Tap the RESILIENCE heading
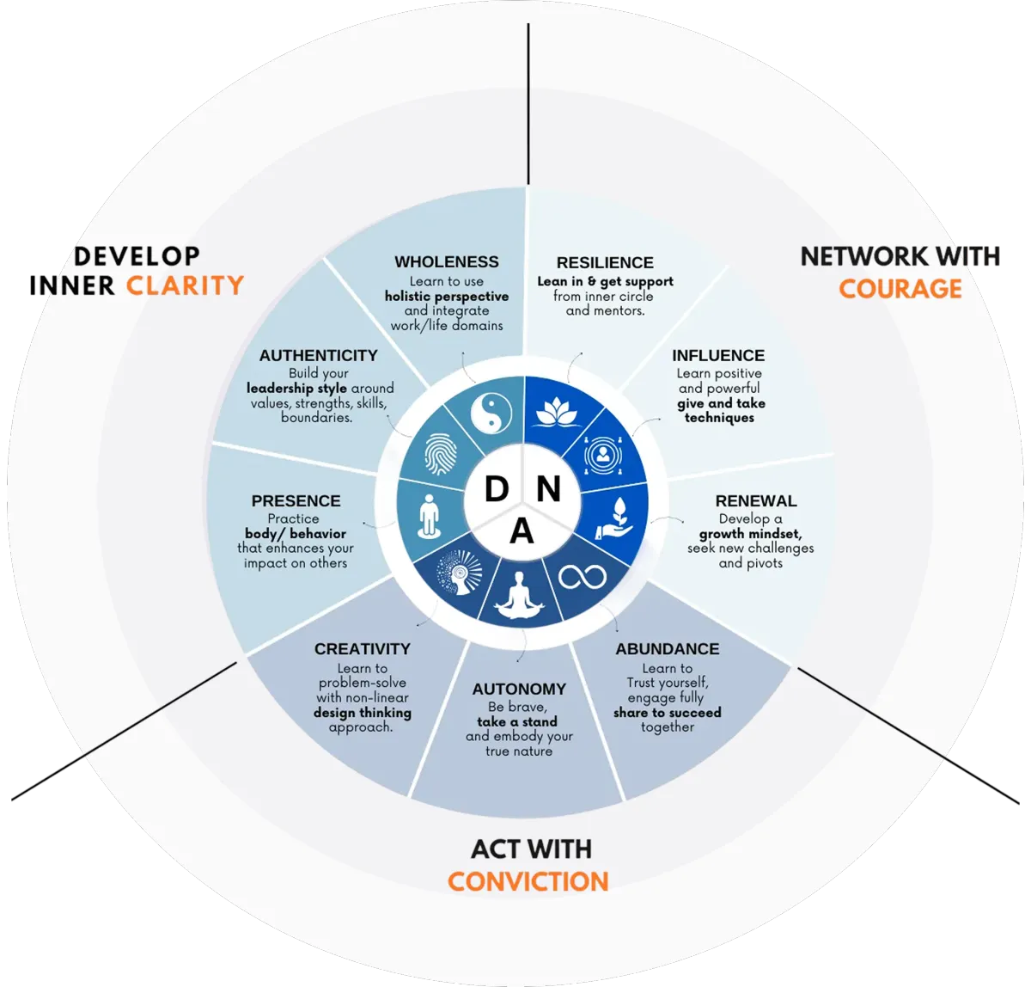pyautogui.click(x=605, y=262)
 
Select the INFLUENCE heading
pyautogui.click(x=718, y=355)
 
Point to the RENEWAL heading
pyautogui.click(x=756, y=500)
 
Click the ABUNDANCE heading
pyautogui.click(x=668, y=648)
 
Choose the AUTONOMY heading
pyautogui.click(x=519, y=689)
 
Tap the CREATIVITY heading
pyautogui.click(x=363, y=648)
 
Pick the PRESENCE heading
pyautogui.click(x=296, y=500)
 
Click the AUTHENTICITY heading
pyautogui.click(x=318, y=355)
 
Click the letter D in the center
pyautogui.click(x=497, y=489)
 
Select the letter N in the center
pyautogui.click(x=548, y=489)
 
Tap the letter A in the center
pyautogui.click(x=522, y=533)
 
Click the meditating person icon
pyautogui.click(x=522, y=597)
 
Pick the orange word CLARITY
pyautogui.click(x=185, y=285)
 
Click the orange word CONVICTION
pyautogui.click(x=528, y=881)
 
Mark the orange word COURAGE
pyautogui.click(x=900, y=288)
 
